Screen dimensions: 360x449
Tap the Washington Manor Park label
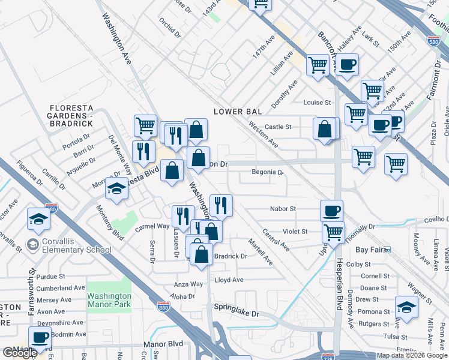[x=109, y=300]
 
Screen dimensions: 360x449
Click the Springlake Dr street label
[x=237, y=313]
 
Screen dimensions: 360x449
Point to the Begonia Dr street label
[x=267, y=172]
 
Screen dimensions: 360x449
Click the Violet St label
[x=295, y=231]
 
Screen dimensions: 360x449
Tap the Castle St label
[x=278, y=127]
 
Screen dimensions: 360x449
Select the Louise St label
[x=317, y=103]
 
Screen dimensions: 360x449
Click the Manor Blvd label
[x=163, y=345]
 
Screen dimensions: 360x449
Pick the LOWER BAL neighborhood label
[x=238, y=112]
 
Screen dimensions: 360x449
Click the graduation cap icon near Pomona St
[x=406, y=307]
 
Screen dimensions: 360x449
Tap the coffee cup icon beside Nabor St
[x=331, y=211]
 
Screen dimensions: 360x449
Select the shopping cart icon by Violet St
[x=333, y=232]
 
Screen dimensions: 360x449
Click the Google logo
[x=20, y=353]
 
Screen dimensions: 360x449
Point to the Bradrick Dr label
[x=231, y=256]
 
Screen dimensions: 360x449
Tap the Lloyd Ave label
[x=229, y=280]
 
